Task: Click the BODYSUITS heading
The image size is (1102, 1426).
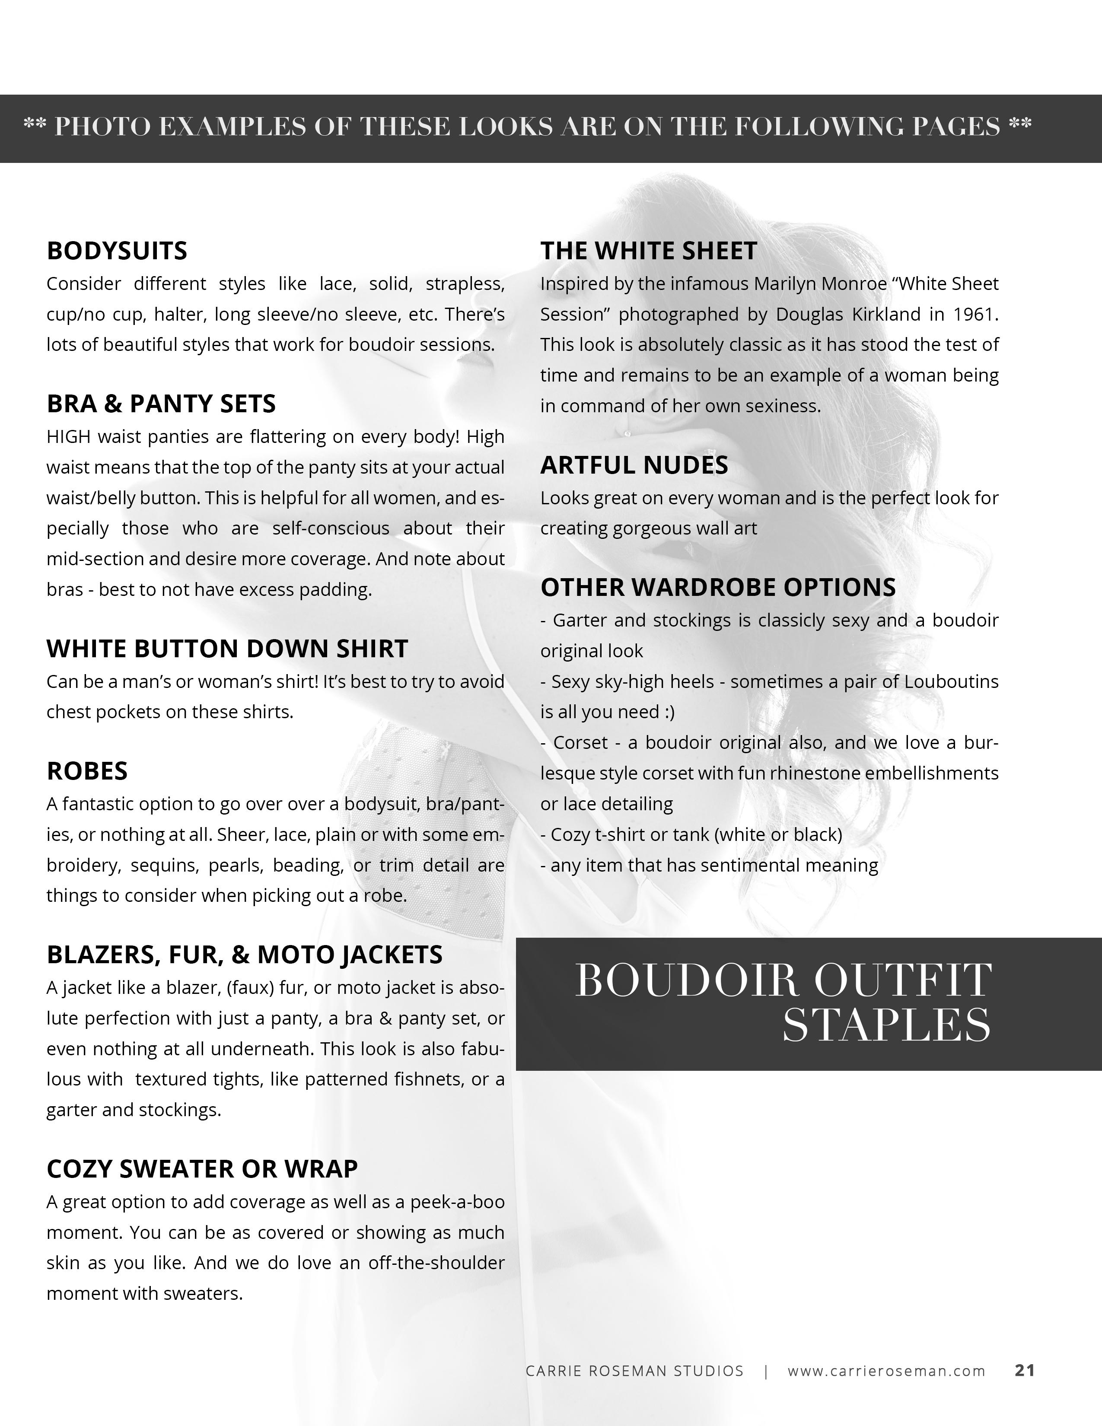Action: coord(117,251)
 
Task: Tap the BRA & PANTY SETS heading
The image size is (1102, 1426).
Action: coord(161,404)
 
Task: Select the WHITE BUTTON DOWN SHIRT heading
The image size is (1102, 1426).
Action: coord(227,648)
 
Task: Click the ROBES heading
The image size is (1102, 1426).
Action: coord(87,771)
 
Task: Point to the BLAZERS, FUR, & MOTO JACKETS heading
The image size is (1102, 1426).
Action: coord(244,955)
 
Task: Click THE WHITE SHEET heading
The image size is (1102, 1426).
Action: coord(648,251)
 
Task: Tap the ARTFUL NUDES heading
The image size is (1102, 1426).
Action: coord(634,465)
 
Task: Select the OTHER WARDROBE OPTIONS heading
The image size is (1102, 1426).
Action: coord(718,587)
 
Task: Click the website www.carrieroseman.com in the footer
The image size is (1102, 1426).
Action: coord(886,1371)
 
